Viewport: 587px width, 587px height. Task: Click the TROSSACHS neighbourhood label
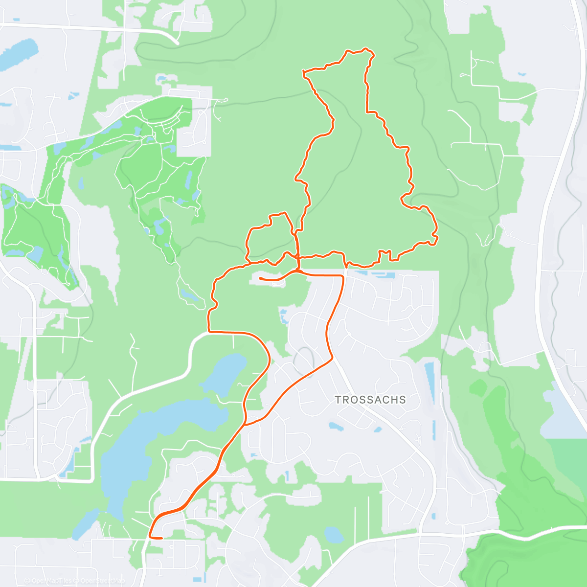370,400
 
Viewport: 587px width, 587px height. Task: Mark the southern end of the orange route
160,538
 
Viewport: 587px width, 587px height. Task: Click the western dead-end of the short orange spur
260,278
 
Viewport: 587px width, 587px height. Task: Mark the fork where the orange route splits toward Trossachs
245,424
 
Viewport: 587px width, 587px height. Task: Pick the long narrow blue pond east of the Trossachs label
429,386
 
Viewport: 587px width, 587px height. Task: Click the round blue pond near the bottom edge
334,534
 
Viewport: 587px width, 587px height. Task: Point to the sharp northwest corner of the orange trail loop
304,73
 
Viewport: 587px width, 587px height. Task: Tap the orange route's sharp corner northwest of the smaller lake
209,332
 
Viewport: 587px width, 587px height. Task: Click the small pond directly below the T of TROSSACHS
336,426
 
